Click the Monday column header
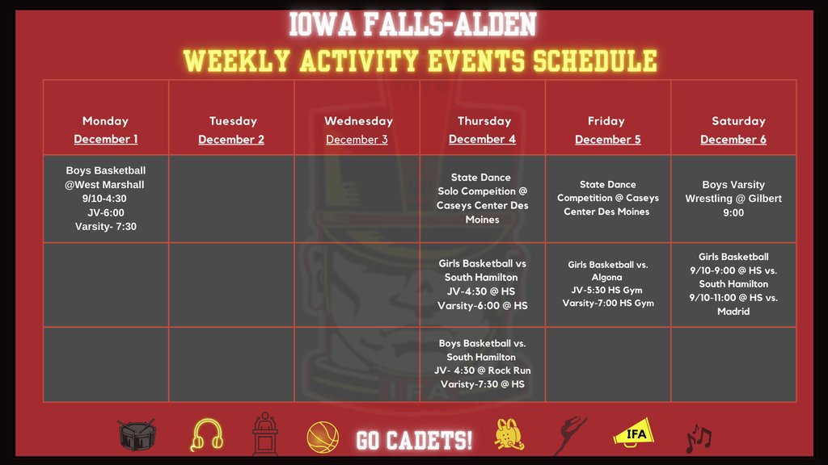click(105, 121)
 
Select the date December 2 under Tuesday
click(231, 140)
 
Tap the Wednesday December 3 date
click(357, 140)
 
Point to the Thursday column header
click(484, 121)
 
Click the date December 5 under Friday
click(607, 140)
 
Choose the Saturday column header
click(737, 121)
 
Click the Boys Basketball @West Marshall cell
click(106, 199)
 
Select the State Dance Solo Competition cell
click(482, 199)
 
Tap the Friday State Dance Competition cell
click(607, 198)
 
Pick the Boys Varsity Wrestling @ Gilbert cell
click(733, 199)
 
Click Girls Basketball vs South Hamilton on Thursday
click(482, 285)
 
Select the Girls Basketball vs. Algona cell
click(607, 284)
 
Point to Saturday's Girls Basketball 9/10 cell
click(733, 284)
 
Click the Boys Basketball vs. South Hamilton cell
click(482, 364)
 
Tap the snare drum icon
click(137, 435)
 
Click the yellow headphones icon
click(206, 436)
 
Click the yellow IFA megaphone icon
click(634, 435)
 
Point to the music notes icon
click(698, 438)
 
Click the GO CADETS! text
click(414, 440)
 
